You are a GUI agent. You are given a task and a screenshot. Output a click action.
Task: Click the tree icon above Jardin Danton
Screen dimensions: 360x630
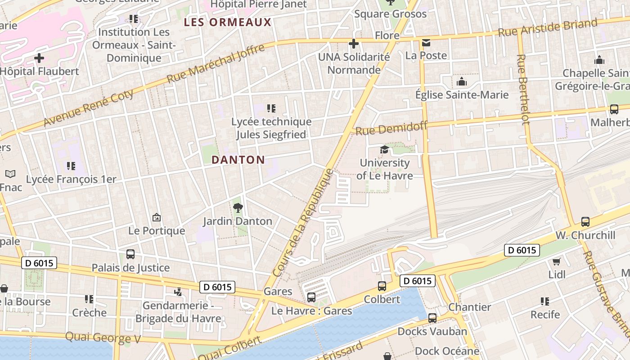(x=238, y=207)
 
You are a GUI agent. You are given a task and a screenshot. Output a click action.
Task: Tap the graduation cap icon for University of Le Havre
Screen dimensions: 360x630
(x=384, y=149)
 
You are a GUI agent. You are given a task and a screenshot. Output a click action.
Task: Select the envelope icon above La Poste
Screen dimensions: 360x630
(x=426, y=43)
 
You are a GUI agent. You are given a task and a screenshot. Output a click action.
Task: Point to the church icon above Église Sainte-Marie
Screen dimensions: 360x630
(x=461, y=81)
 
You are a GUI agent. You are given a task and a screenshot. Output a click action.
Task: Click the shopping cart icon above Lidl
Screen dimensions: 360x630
(x=557, y=261)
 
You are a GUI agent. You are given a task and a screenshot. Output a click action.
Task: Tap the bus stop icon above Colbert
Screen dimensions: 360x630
(x=382, y=286)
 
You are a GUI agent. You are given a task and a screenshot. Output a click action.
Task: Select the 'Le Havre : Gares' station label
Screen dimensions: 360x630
(x=311, y=311)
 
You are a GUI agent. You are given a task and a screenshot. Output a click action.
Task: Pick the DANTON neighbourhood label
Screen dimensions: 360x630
(x=238, y=160)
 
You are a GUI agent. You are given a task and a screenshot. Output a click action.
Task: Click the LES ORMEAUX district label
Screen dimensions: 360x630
(x=228, y=22)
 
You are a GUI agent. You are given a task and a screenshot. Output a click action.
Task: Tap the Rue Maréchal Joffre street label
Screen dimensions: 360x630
(x=216, y=63)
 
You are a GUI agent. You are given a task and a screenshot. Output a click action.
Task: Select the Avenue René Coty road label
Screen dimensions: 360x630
(x=89, y=108)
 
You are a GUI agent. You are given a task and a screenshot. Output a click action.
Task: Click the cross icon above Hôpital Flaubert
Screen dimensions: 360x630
(x=39, y=58)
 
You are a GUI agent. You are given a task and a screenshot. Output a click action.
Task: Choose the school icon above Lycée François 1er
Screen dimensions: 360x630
(x=71, y=166)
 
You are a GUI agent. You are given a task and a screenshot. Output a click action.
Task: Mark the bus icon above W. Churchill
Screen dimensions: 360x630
(x=585, y=221)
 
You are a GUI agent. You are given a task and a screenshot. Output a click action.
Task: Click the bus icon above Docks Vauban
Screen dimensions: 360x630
(x=432, y=318)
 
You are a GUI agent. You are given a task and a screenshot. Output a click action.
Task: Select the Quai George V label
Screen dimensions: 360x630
(x=103, y=337)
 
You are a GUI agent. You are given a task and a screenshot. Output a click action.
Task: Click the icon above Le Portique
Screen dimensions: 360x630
(x=156, y=217)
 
